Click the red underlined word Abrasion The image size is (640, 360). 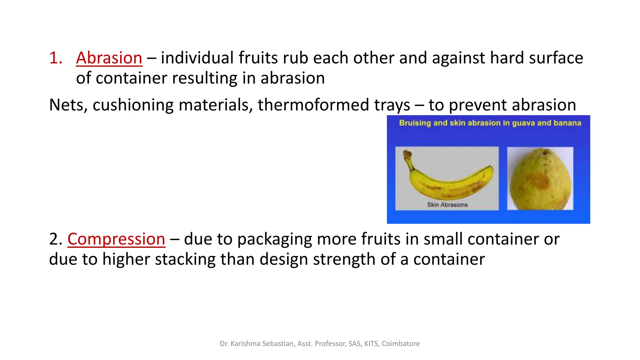click(109, 58)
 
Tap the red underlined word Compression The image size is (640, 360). click(116, 239)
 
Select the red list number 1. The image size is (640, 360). click(56, 58)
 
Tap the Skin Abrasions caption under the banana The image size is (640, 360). click(447, 205)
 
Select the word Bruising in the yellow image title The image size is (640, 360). click(415, 123)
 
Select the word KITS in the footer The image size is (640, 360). click(371, 344)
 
